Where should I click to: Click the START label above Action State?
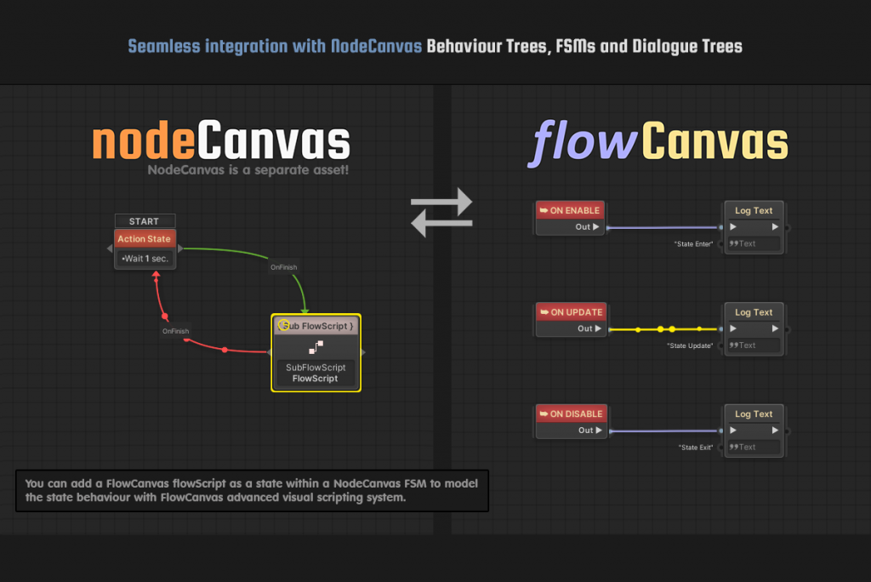coord(144,221)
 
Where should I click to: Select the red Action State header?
coord(144,239)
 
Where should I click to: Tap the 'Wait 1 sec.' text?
coord(145,258)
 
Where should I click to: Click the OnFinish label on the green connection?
coord(284,267)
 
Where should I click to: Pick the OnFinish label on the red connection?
coord(176,331)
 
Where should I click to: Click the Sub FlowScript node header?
coord(316,326)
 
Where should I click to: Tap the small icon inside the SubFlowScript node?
coord(316,346)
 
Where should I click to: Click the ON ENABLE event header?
coord(571,210)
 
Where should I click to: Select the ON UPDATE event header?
coord(571,312)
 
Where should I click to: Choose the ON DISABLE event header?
coord(571,414)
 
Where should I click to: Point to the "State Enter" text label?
coord(694,244)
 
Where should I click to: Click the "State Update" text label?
coord(691,346)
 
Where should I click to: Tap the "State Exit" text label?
coord(696,448)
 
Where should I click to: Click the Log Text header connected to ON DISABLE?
coord(754,414)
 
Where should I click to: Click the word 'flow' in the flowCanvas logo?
coord(583,142)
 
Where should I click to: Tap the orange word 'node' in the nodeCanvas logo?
coord(144,142)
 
